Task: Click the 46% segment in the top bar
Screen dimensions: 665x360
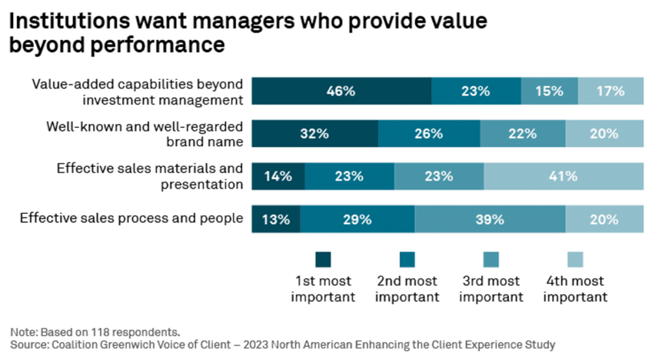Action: pyautogui.click(x=342, y=91)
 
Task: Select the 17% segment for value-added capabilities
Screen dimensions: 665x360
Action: pyautogui.click(x=610, y=91)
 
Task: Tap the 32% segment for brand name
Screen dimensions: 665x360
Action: pyautogui.click(x=315, y=134)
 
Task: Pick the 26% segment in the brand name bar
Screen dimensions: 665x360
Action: pyautogui.click(x=429, y=134)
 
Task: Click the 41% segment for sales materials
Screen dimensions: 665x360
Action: pyautogui.click(x=564, y=176)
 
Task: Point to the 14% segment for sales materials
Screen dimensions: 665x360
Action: pyautogui.click(x=278, y=176)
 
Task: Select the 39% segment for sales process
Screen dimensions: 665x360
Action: pyautogui.click(x=490, y=219)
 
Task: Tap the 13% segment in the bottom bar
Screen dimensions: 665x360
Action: pyautogui.click(x=276, y=219)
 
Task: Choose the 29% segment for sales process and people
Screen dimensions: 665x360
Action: pyautogui.click(x=358, y=219)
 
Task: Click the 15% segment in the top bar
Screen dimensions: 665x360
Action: pyautogui.click(x=549, y=91)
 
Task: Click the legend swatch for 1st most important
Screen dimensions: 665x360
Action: pyautogui.click(x=323, y=259)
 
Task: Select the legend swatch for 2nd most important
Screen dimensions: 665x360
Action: pyautogui.click(x=407, y=259)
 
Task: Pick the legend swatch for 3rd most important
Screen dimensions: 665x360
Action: pyautogui.click(x=491, y=259)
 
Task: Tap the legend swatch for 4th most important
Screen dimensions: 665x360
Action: pyautogui.click(x=575, y=259)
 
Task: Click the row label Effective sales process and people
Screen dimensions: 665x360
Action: pyautogui.click(x=131, y=218)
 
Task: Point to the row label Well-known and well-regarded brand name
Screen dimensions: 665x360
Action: pyautogui.click(x=145, y=134)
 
